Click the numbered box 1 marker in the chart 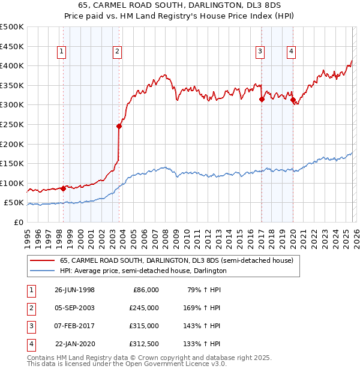[62, 52]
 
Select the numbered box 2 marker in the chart [117, 52]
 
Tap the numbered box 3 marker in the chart [260, 52]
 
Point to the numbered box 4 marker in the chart [291, 52]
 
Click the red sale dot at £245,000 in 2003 [119, 126]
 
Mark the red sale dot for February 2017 [262, 100]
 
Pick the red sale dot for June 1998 [64, 188]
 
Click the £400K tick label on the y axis [12, 65]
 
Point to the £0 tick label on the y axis [19, 222]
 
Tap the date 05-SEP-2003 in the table [74, 307]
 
